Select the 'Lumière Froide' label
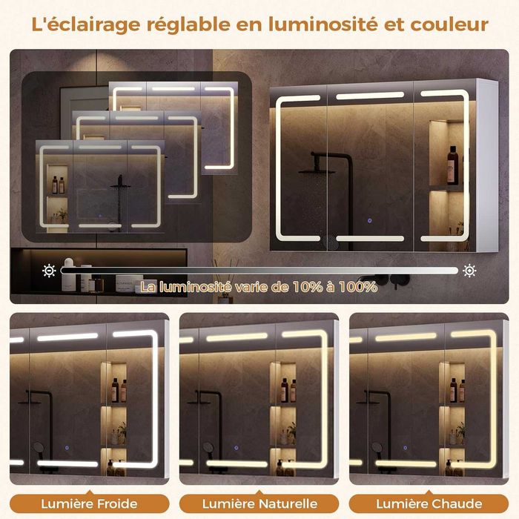(x=90, y=504)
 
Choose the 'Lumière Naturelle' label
(x=259, y=504)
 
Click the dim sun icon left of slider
(x=49, y=271)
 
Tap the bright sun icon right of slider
(x=469, y=271)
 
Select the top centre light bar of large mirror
(x=370, y=96)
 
